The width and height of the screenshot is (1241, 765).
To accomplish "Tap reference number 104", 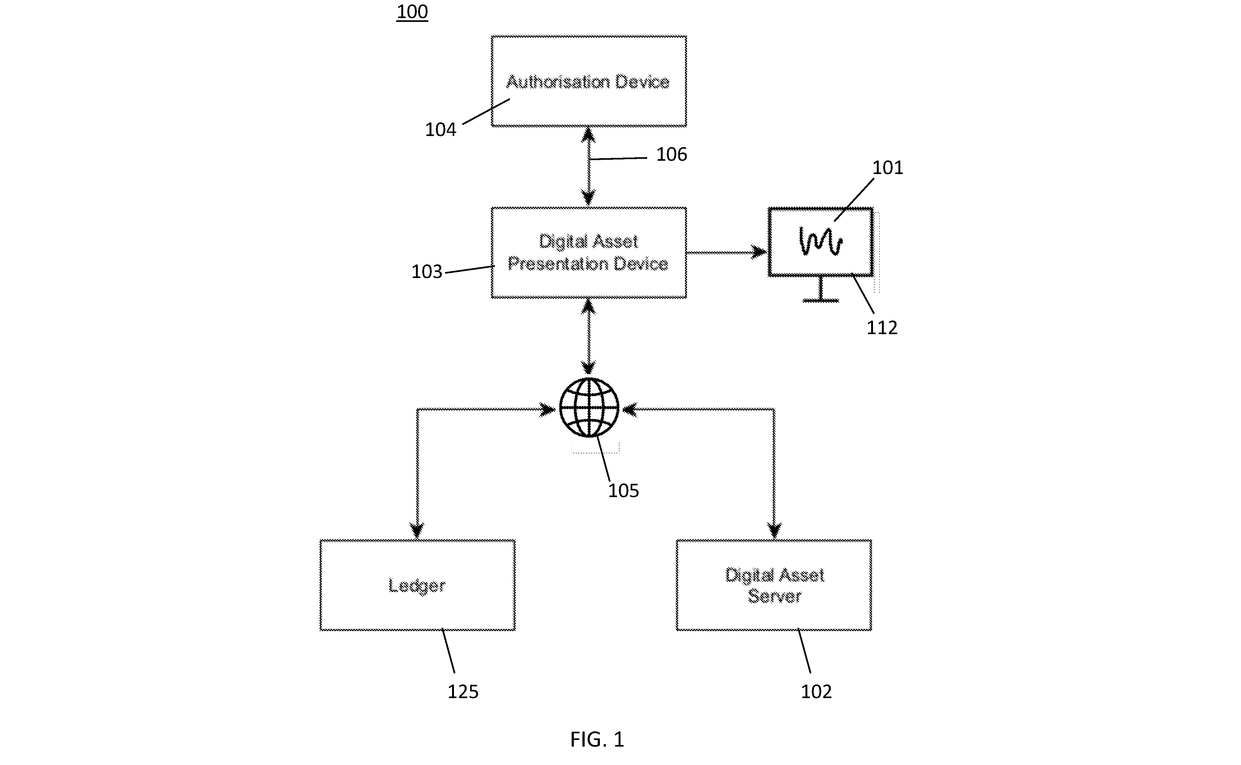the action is [x=440, y=130].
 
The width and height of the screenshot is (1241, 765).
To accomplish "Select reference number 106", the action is [x=672, y=154].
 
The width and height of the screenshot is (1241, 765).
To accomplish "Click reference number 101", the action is [x=888, y=167].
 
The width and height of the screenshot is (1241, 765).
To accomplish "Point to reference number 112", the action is [x=882, y=328].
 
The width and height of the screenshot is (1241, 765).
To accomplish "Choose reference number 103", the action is [x=427, y=272].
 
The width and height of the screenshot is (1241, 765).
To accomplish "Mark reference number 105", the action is [x=624, y=490].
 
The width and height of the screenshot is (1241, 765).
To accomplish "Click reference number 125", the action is [x=463, y=692].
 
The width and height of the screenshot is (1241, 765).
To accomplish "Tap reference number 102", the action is [x=816, y=692].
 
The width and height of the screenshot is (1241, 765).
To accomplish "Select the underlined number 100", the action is [x=412, y=12].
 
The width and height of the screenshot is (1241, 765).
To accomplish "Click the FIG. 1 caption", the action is [x=597, y=739].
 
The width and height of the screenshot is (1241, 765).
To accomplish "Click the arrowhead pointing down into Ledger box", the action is [x=417, y=531].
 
